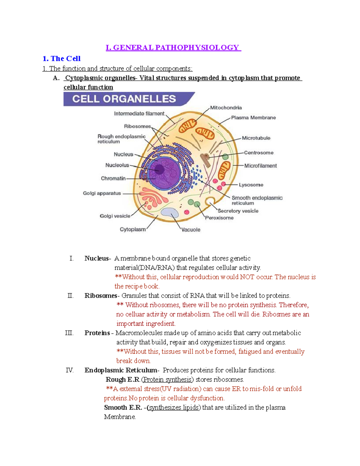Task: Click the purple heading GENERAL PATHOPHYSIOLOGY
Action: [x=173, y=47]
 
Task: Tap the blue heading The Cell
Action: [x=61, y=59]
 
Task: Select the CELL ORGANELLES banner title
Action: [x=124, y=99]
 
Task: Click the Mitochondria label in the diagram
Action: [x=226, y=107]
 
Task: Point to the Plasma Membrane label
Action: [x=253, y=118]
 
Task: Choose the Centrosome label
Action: [x=259, y=152]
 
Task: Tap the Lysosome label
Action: [x=251, y=185]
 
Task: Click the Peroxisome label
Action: [x=219, y=218]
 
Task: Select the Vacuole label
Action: [x=191, y=230]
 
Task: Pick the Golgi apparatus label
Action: [x=102, y=193]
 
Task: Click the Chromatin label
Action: [x=113, y=178]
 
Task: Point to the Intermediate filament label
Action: [x=139, y=113]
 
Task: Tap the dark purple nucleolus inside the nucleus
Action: [x=159, y=170]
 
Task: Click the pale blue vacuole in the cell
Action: [x=170, y=212]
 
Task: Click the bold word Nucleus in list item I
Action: [x=96, y=258]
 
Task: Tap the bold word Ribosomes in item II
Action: [x=100, y=296]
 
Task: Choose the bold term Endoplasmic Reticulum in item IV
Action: [x=121, y=370]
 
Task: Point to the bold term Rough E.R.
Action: [x=123, y=379]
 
